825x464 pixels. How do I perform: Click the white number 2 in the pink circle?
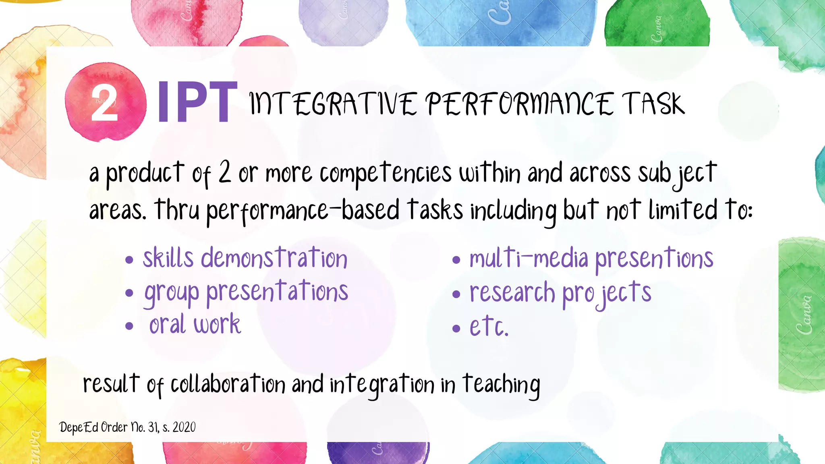[x=104, y=104]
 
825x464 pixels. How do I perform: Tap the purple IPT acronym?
[x=197, y=102]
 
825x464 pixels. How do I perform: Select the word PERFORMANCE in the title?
[x=520, y=104]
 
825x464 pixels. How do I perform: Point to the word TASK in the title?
[x=653, y=104]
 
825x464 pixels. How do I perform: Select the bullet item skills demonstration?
[x=245, y=258]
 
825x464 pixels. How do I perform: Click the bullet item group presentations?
[x=246, y=292]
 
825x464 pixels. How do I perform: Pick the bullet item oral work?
[x=195, y=325]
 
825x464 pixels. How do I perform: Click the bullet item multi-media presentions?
[x=591, y=258]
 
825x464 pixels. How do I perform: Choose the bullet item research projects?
[x=560, y=293]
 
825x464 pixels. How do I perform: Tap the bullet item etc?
[x=489, y=326]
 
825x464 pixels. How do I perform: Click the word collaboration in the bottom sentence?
[x=228, y=384]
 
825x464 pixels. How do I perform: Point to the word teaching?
[x=501, y=385]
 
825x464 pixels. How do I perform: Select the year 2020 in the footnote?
[x=184, y=427]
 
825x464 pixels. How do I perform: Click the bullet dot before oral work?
[x=129, y=326]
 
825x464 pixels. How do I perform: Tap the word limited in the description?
[x=683, y=210]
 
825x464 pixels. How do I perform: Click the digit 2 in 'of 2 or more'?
[x=225, y=172]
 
